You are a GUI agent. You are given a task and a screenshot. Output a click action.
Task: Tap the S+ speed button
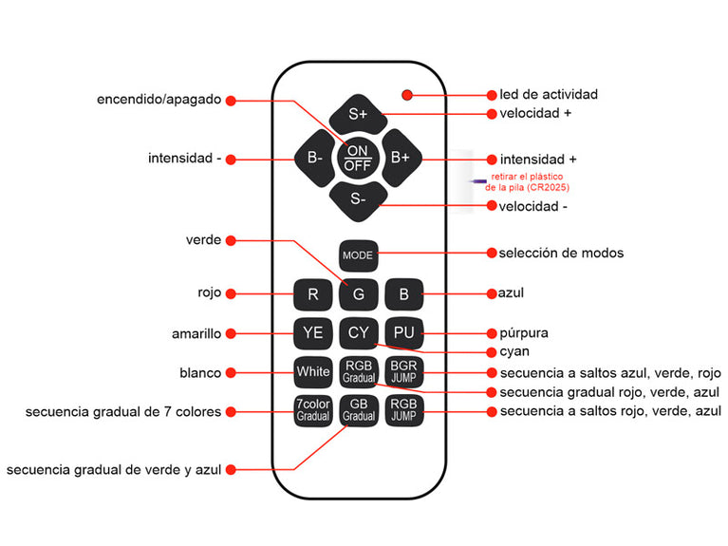coord(358,114)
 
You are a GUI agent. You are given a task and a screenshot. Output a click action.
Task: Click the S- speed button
coord(358,198)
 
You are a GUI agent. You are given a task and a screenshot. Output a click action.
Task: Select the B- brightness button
coord(314,159)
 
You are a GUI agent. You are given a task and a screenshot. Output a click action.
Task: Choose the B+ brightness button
coord(401,159)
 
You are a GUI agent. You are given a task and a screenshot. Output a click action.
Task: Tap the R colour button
coord(312,294)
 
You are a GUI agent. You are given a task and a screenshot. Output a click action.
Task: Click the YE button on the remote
coord(312,332)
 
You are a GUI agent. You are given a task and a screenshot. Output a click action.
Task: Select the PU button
coord(404,332)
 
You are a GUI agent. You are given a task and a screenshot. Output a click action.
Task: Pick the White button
coord(312,371)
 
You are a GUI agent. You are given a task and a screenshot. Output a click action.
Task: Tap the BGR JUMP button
coord(404,371)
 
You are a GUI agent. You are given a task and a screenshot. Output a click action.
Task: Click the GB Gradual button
coord(358,410)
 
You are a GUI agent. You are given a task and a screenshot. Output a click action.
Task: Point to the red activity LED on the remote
coord(407,95)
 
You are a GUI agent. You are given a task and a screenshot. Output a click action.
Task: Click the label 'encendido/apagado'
coord(159,99)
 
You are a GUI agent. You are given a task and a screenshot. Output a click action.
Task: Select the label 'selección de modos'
coord(561,253)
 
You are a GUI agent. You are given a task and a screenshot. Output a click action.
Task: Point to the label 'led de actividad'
coord(549,95)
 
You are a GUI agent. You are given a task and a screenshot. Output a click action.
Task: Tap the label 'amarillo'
coord(196,333)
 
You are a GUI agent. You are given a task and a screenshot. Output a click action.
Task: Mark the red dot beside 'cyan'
coord(492,351)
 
